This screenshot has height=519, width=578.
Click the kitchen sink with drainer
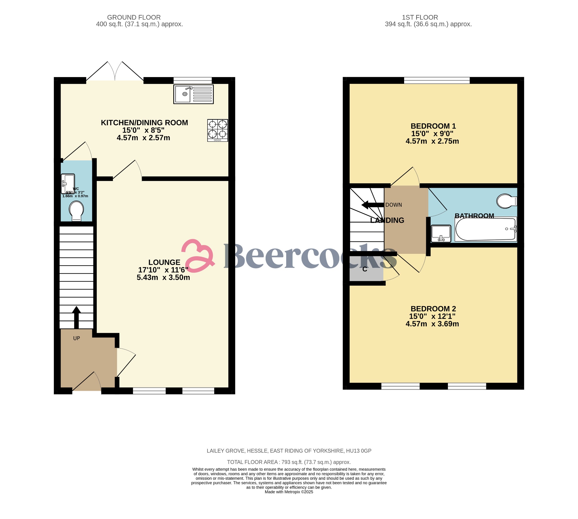click(x=193, y=94)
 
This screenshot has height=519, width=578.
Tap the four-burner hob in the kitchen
click(x=218, y=130)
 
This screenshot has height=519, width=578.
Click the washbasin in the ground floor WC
click(x=68, y=183)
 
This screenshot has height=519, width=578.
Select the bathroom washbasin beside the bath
click(x=441, y=233)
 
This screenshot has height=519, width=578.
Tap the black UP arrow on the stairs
click(x=76, y=317)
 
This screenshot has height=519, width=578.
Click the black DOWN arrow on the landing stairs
click(x=372, y=205)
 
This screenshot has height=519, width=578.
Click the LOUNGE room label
click(x=164, y=262)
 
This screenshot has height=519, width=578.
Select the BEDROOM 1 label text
click(x=433, y=126)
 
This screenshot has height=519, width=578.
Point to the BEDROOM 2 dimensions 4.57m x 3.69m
click(x=432, y=324)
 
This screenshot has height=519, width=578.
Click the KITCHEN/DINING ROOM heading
click(x=144, y=123)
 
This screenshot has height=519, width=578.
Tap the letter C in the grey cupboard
click(x=365, y=269)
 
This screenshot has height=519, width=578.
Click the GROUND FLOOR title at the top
click(x=134, y=18)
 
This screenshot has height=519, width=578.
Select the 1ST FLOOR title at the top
click(x=420, y=18)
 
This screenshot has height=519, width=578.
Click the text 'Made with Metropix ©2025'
click(x=289, y=492)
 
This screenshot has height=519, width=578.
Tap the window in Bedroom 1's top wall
click(x=437, y=80)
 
